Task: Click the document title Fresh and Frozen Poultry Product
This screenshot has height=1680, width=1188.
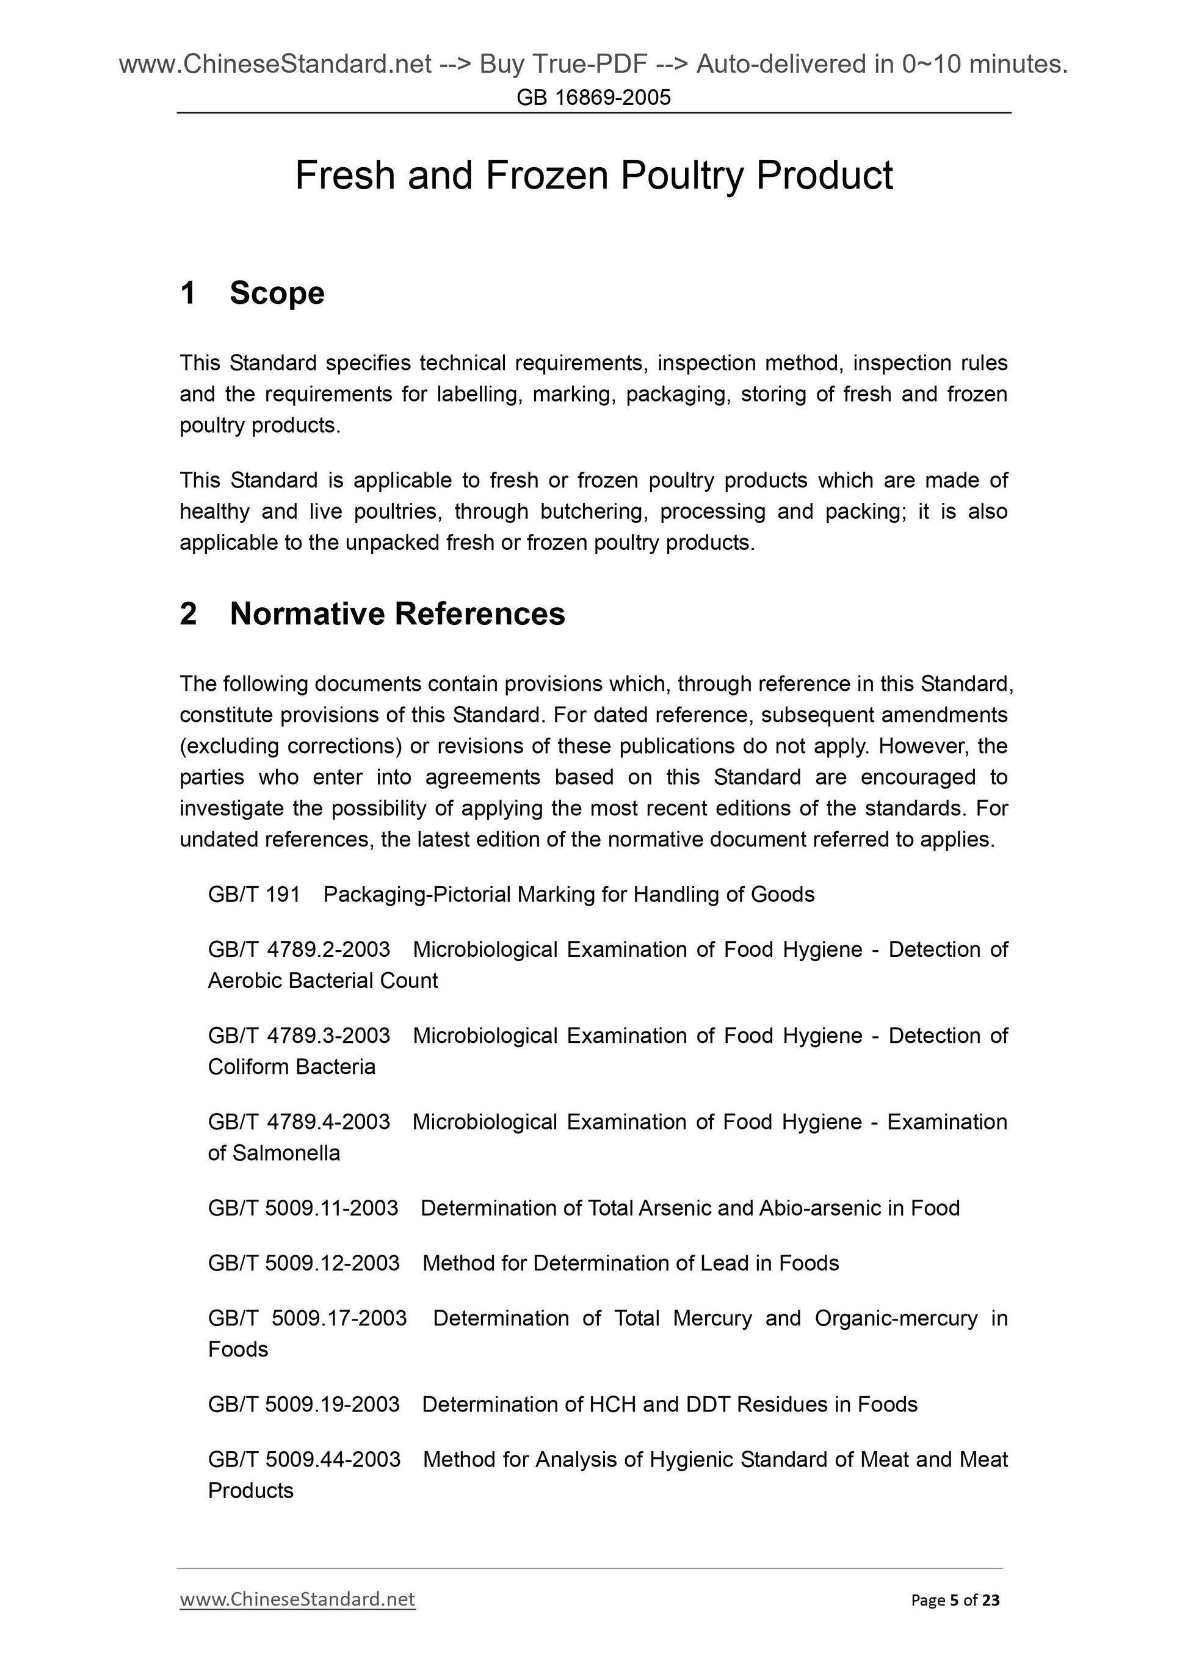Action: [x=593, y=176]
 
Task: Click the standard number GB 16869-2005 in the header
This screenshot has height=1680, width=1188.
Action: [x=593, y=98]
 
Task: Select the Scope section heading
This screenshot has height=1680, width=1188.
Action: [x=277, y=294]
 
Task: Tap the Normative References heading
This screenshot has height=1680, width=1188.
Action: [x=397, y=614]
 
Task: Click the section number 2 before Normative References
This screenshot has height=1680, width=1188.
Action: [x=188, y=614]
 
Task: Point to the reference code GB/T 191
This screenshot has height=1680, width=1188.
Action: [x=254, y=895]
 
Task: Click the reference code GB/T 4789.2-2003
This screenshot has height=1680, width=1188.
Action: [x=299, y=950]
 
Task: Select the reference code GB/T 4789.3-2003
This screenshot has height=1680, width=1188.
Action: [x=299, y=1036]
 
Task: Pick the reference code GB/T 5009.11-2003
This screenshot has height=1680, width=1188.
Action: [x=302, y=1208]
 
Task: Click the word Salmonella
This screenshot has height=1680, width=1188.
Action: [x=286, y=1153]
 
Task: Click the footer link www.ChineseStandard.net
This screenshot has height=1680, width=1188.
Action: [x=297, y=1599]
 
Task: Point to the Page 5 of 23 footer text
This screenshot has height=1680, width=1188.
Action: [x=955, y=1600]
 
